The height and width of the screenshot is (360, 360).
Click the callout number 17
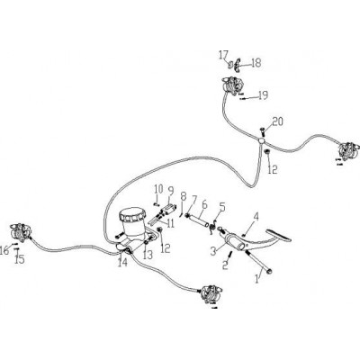point(223,56)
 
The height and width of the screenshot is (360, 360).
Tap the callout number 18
point(256,63)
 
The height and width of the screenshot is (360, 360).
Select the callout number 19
point(263,95)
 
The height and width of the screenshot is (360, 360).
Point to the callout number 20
point(278,121)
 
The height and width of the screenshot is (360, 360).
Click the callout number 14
point(122,262)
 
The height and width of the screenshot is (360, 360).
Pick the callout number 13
point(148,255)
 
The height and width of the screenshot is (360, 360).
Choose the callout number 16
point(4,250)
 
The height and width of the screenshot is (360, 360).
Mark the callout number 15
point(20,259)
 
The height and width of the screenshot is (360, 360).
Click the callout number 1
point(256,279)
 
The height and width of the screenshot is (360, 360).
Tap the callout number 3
point(213,250)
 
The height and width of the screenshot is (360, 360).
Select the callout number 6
point(204,205)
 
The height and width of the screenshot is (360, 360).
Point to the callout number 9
point(171,191)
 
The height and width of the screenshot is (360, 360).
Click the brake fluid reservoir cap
point(132,214)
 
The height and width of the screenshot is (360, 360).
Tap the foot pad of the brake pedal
point(279,235)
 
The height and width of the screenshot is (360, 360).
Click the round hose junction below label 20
point(262,140)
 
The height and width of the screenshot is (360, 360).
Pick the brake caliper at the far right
point(348,151)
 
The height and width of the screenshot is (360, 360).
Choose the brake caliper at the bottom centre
point(212,294)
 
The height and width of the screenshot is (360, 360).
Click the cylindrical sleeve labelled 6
point(199,220)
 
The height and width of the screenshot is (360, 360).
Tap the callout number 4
point(256,216)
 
